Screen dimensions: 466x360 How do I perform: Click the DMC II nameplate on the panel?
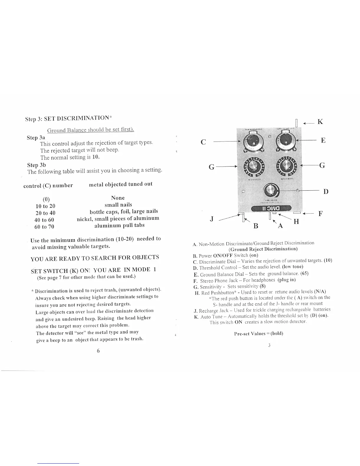270,208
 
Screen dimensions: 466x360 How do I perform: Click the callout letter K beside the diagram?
320,122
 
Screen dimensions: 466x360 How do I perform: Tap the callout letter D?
326,192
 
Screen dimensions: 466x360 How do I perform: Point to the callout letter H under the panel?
296,222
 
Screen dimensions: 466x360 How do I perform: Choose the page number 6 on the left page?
99,351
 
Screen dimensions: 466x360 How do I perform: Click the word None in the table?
118,198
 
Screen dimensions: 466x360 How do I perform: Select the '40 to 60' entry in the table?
44,220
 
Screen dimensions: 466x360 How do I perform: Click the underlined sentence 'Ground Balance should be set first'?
91,130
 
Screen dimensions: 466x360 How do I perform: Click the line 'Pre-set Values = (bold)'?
259,333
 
